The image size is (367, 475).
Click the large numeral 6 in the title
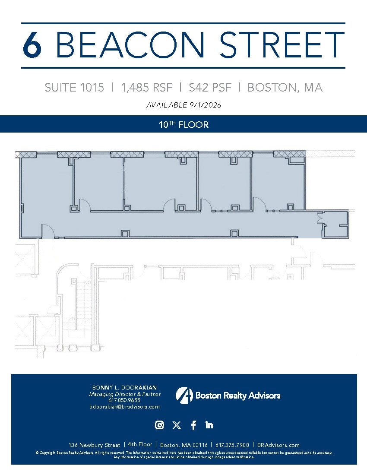[32, 45]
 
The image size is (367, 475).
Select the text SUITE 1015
[74, 88]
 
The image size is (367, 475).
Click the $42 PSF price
[210, 88]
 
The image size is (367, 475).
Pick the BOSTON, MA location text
[285, 88]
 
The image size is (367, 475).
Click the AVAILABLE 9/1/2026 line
[183, 105]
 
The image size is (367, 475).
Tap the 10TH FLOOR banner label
[183, 125]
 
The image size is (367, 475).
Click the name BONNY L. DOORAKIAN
[124, 387]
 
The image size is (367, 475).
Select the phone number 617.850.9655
[124, 400]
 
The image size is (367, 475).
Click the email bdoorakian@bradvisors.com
[124, 407]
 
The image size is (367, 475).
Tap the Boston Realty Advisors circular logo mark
[184, 395]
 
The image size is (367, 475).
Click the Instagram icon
[159, 425]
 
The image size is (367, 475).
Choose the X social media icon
[176, 425]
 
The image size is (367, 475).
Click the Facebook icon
[193, 425]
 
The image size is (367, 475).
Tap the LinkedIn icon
[209, 425]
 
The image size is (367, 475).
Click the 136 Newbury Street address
[95, 445]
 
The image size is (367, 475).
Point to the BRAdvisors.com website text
[278, 445]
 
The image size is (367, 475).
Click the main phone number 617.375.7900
[232, 445]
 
